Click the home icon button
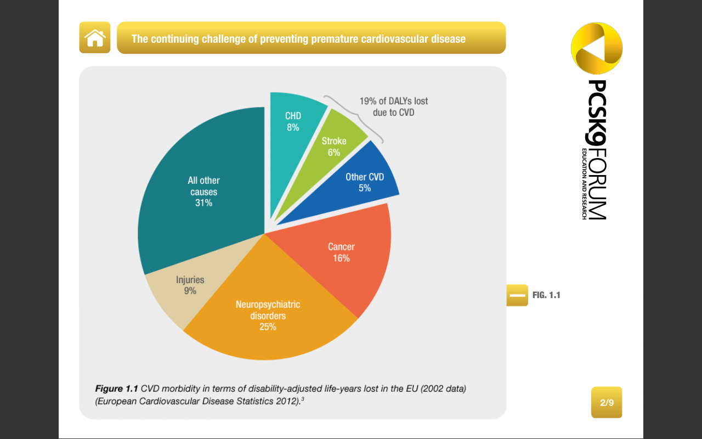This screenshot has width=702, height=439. tap(95, 38)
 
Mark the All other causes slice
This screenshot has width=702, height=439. tap(203, 192)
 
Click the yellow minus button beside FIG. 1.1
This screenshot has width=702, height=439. tap(517, 295)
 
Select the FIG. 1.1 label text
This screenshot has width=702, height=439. tap(546, 295)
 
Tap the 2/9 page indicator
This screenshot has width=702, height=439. tap(607, 403)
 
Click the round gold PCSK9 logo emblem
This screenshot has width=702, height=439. tap(597, 48)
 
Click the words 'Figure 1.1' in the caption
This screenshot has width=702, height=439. tap(117, 389)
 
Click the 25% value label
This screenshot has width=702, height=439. tap(268, 327)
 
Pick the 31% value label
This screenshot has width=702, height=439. tap(203, 203)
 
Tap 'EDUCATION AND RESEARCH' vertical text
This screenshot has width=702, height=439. tap(585, 184)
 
